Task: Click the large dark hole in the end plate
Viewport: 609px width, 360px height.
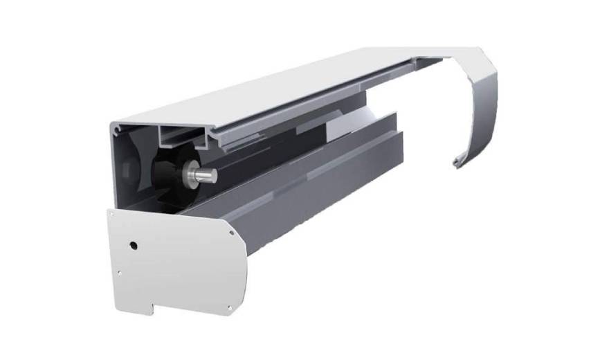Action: (x=133, y=245)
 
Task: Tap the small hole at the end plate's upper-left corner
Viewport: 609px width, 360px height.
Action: (x=112, y=215)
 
